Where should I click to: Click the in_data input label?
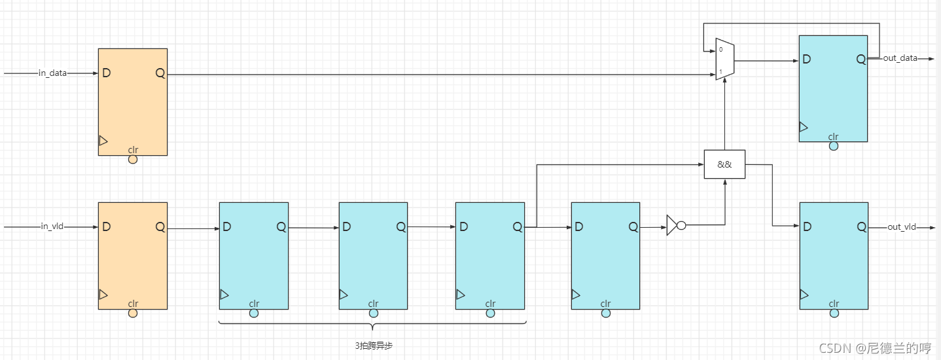52,73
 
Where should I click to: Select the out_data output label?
900,58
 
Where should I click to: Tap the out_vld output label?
901,227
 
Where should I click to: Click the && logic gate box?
724,164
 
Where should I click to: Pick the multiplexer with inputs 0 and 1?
725,62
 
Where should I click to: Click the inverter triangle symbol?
672,225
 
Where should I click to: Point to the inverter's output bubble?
681,225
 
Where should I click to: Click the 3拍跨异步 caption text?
374,345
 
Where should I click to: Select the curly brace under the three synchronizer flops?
372,324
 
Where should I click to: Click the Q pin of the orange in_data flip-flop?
160,73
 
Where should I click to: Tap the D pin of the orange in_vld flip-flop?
106,226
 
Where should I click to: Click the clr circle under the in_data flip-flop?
133,159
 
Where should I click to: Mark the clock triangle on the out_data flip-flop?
804,127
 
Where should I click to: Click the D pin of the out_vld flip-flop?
807,226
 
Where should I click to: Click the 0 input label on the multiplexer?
720,50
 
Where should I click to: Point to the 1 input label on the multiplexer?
720,71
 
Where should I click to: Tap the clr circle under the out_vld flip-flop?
834,314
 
